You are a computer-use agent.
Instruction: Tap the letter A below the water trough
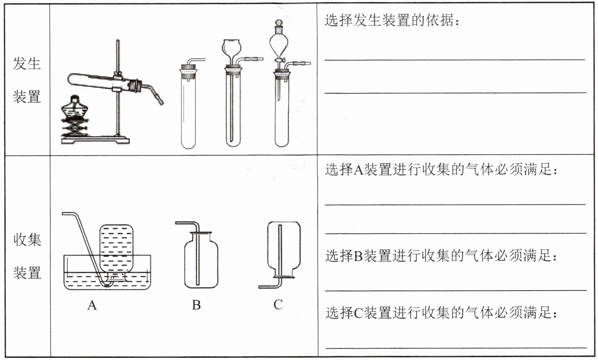[x=92, y=306]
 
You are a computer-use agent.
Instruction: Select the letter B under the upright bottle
[x=196, y=305]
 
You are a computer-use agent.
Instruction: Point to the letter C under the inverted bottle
[x=278, y=305]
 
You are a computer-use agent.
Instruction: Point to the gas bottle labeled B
[x=201, y=262]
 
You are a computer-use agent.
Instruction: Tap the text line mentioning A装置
[x=441, y=170]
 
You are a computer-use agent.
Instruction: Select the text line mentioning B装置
[x=441, y=256]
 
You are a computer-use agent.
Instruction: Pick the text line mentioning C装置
[x=441, y=312]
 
